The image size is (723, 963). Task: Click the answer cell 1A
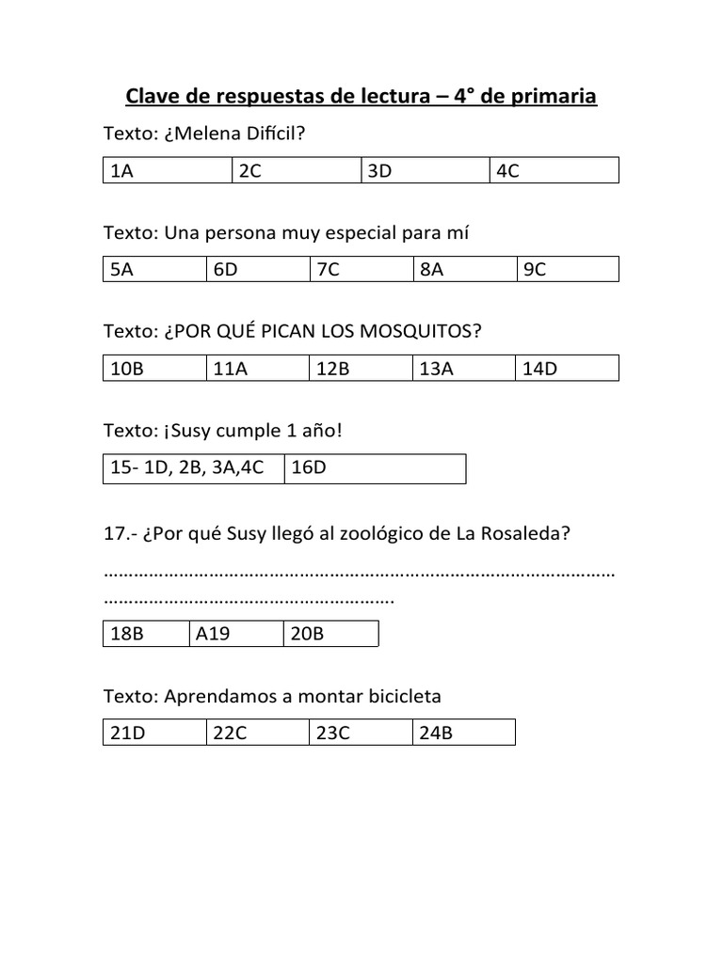168,170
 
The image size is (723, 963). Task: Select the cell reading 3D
426,170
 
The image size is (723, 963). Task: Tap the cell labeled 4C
554,170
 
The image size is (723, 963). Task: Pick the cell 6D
258,270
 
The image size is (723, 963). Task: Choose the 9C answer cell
568,270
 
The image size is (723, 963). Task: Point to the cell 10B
154,369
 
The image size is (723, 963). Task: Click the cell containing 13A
464,369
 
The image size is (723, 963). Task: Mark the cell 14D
568,369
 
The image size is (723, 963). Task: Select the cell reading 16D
376,468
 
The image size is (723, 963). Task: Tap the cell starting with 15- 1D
194,468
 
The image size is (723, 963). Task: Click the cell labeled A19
235,634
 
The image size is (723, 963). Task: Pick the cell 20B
330,634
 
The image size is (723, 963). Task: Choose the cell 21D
154,733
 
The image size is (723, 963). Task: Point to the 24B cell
464,733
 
